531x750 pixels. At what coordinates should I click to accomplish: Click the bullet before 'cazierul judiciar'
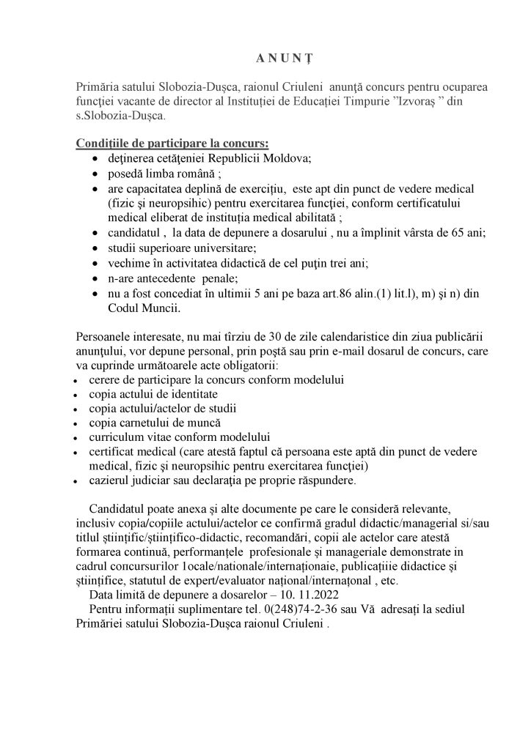78,483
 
